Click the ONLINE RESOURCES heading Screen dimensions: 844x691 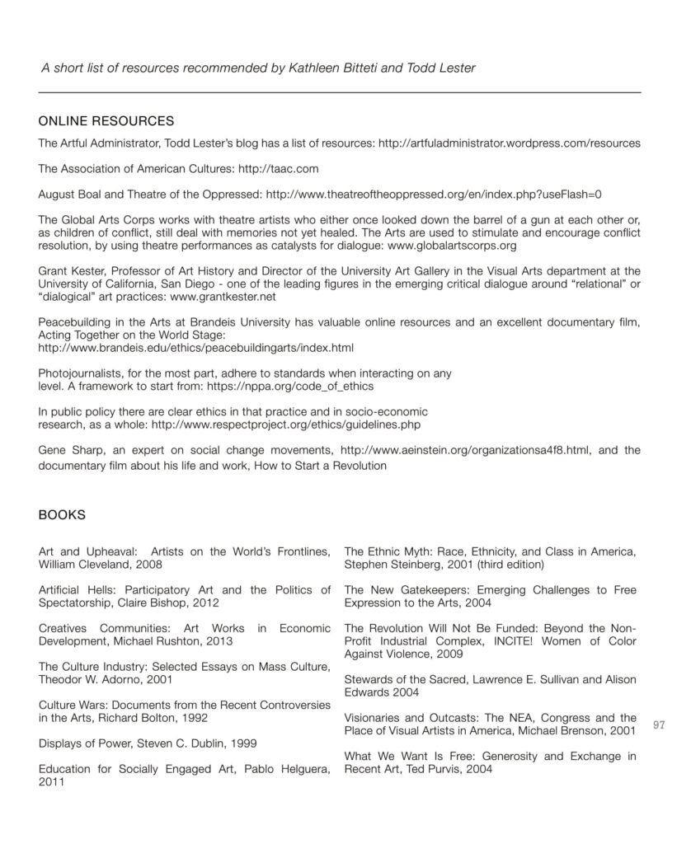[x=106, y=121]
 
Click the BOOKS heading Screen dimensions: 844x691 [x=62, y=514]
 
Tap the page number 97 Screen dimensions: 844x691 [x=658, y=725]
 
